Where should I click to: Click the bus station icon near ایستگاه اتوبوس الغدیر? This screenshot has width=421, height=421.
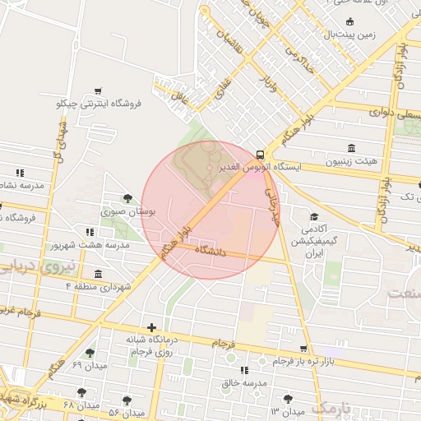[x=260, y=154]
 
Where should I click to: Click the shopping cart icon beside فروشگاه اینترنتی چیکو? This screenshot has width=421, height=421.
[x=99, y=90]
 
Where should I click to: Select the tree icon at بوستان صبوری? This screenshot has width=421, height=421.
[x=127, y=197]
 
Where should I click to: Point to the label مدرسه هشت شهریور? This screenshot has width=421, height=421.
[x=90, y=246]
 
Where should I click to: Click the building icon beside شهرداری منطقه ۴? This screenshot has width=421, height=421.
[x=99, y=274]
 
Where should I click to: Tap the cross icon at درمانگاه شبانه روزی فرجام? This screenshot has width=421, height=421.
[x=150, y=327]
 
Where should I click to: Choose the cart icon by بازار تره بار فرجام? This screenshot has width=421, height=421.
[x=304, y=349]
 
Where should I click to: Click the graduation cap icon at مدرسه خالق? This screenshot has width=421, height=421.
[x=242, y=371]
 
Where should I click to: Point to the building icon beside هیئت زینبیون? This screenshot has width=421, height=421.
[x=351, y=148]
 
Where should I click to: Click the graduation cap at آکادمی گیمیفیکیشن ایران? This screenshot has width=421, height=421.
[x=315, y=215]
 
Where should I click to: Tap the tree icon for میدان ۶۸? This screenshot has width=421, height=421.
[x=81, y=392]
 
